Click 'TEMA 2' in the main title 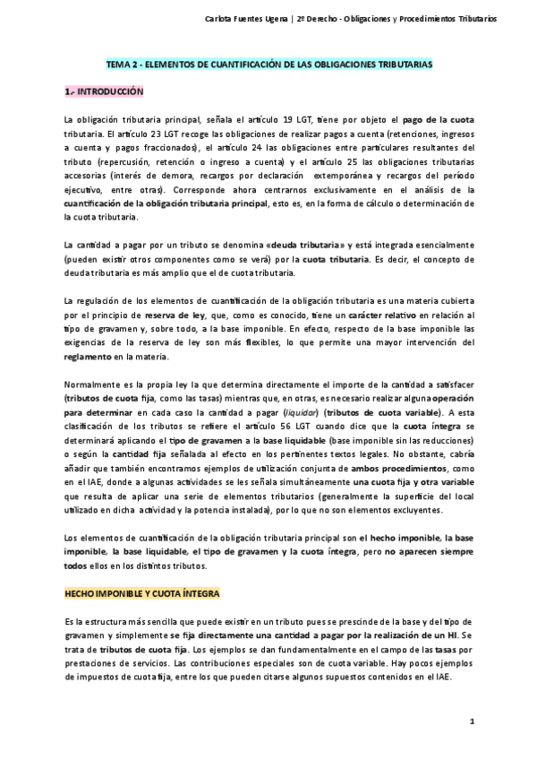click(x=123, y=65)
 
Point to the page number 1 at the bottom click(x=472, y=721)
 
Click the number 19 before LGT click(x=288, y=120)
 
